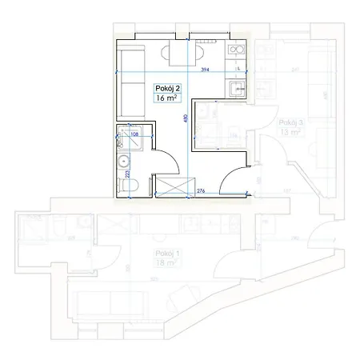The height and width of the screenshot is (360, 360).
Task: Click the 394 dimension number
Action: pos(206,70)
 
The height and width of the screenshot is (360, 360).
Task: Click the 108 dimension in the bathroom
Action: pos(135,134)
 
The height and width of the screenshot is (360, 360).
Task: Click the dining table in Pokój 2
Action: pos(178,54)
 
